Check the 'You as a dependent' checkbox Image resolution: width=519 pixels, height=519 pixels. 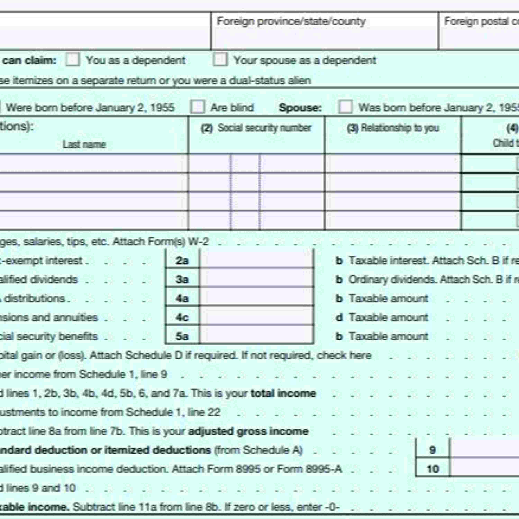[x=72, y=60]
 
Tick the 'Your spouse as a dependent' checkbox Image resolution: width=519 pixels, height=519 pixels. [x=220, y=60]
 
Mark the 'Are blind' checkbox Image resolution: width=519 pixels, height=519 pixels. [x=197, y=107]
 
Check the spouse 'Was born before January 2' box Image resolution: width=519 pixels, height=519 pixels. [x=345, y=107]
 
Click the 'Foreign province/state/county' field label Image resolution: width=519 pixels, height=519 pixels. [x=291, y=21]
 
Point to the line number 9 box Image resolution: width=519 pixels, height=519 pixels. [x=432, y=450]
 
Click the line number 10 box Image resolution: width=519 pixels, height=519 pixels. [x=432, y=469]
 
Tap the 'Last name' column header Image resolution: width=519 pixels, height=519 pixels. [x=84, y=144]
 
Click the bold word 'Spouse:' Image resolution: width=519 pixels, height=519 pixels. [x=300, y=108]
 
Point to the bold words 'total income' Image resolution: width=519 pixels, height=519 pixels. [x=283, y=393]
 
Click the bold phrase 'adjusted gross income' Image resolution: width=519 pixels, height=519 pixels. [x=248, y=431]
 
